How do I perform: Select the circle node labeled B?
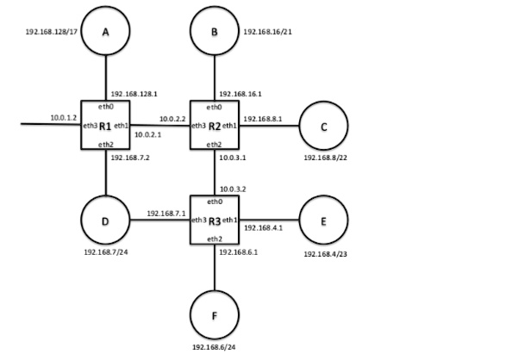coord(214,31)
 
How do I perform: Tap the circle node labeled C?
coord(323,127)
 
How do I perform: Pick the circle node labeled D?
coord(105,220)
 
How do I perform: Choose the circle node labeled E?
coord(323,220)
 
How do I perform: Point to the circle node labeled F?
coord(214,315)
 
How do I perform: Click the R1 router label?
coord(105,127)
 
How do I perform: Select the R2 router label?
coord(214,127)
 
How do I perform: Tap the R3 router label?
coord(214,220)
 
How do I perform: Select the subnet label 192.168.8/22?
coord(326,158)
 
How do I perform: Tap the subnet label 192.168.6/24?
coord(215,348)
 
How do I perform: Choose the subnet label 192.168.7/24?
coord(106,252)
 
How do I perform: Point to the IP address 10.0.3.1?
coord(233,158)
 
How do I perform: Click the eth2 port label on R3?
coord(214,238)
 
